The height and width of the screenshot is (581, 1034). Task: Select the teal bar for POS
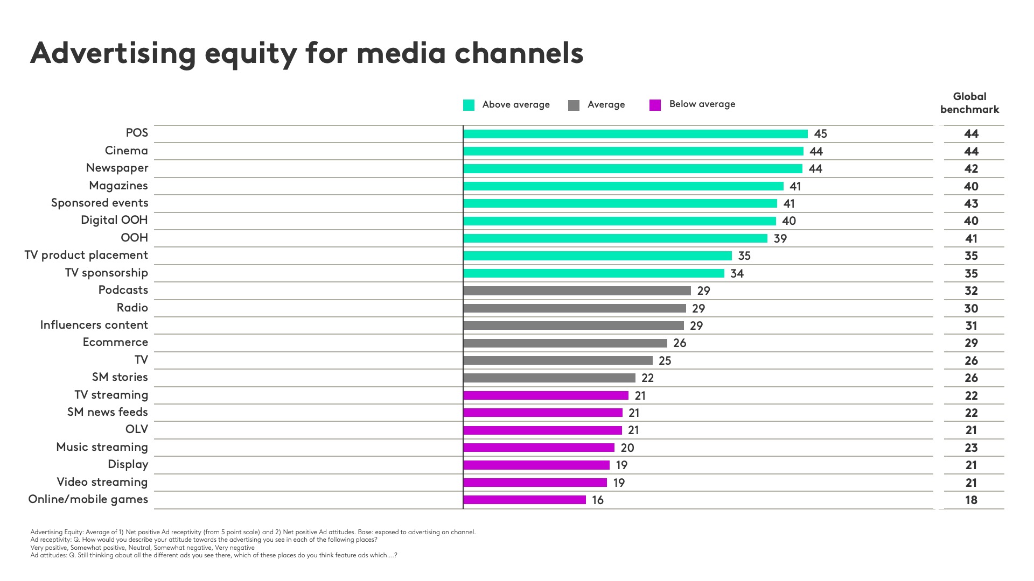coord(635,134)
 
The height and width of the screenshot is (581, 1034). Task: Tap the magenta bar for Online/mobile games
coord(524,500)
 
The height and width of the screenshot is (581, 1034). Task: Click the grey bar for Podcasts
coord(576,291)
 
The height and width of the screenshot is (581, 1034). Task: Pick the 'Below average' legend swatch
coord(655,105)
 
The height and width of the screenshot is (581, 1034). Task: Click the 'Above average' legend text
coord(515,105)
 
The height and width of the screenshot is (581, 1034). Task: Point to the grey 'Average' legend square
coord(574,105)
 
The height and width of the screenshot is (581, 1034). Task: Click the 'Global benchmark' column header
coord(969,103)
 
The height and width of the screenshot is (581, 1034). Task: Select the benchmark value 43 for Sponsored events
coord(971,204)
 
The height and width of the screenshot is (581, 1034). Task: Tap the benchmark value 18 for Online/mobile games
coord(971,500)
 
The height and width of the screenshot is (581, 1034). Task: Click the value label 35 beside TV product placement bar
coord(744,256)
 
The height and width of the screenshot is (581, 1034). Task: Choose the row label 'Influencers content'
coord(94,325)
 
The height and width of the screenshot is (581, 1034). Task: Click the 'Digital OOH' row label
coord(114,220)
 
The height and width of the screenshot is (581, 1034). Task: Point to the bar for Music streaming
coord(539,448)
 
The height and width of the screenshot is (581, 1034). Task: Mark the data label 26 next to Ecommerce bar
coord(680,343)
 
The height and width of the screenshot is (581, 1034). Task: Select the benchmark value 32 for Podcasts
coord(971,291)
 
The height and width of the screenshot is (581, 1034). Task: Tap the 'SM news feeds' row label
coord(107,412)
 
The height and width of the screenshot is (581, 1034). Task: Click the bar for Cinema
coord(633,151)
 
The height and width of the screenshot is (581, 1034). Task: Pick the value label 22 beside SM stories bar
coord(647,378)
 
